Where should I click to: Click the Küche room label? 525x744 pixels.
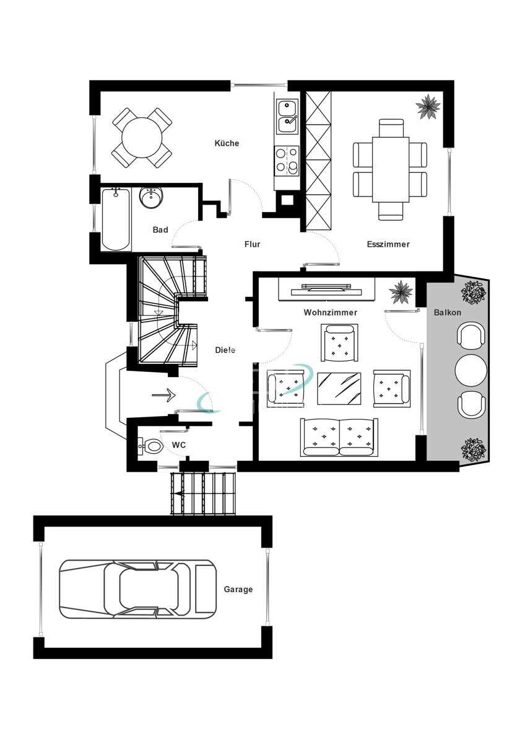(227, 143)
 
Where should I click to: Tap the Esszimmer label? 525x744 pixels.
(388, 244)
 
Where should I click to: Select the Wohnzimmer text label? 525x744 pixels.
(331, 312)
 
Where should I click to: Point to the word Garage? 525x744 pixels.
(238, 590)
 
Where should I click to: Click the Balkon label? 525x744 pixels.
(448, 312)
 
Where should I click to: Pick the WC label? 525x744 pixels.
(178, 445)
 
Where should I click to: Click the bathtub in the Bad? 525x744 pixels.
(116, 219)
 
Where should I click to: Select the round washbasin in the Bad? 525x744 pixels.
(152, 198)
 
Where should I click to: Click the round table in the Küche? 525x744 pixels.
(142, 137)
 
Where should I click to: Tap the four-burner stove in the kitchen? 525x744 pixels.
(287, 161)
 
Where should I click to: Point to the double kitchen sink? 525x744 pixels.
(287, 117)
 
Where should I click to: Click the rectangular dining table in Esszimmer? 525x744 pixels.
(391, 169)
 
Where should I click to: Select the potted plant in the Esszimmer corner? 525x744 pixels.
(428, 106)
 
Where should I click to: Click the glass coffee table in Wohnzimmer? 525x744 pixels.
(339, 388)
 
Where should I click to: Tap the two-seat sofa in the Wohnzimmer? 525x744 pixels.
(339, 438)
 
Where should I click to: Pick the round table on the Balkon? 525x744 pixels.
(471, 370)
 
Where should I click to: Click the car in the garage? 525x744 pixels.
(137, 590)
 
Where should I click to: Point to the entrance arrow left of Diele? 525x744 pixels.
(163, 395)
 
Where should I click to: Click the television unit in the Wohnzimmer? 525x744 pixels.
(326, 289)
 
